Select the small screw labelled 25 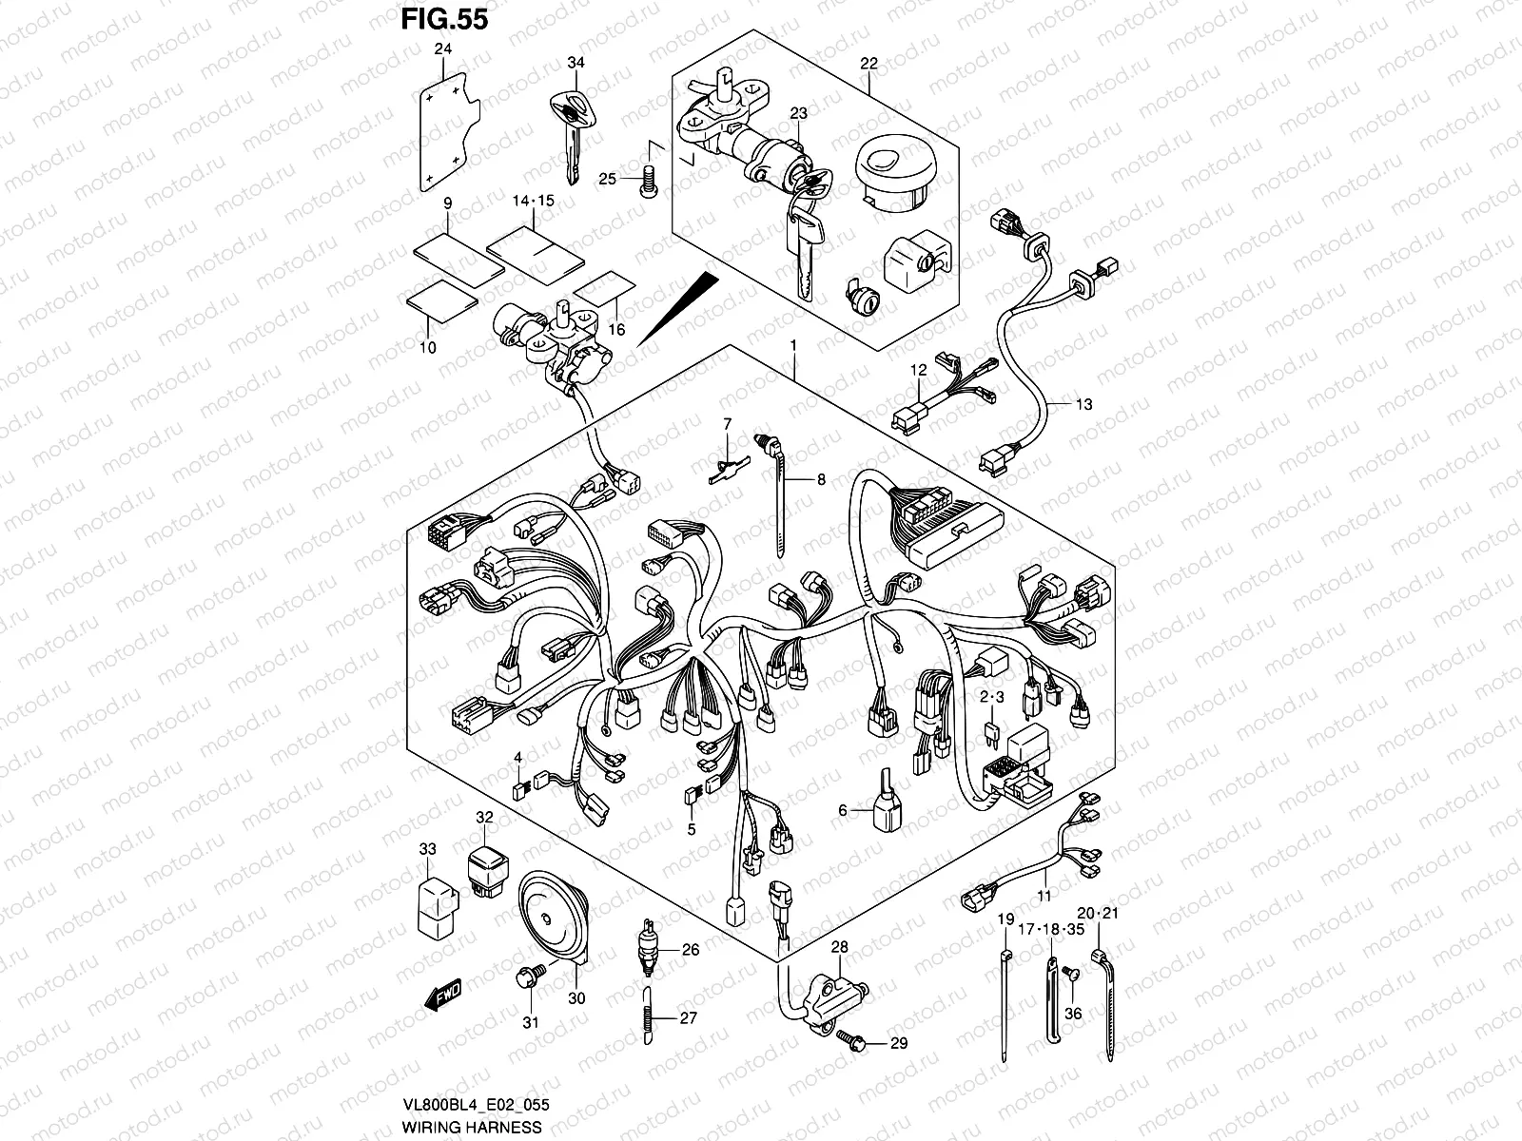(649, 181)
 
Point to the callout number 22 (869, 65)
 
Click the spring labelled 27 (647, 1017)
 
